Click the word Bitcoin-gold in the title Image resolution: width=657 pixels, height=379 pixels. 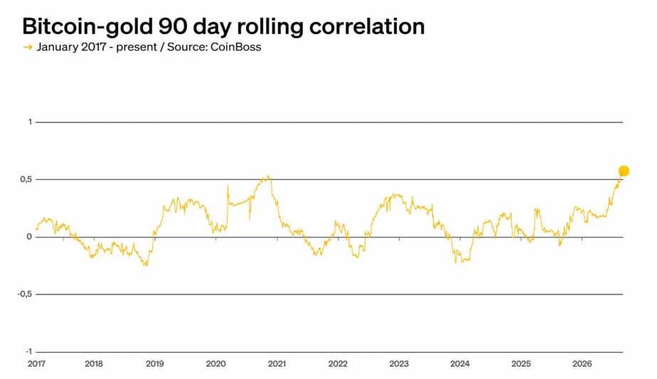pyautogui.click(x=87, y=27)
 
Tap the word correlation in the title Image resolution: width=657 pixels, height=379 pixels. pyautogui.click(x=367, y=26)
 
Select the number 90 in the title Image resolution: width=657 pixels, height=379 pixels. pyautogui.click(x=173, y=26)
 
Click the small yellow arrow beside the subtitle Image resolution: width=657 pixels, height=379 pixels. pyautogui.click(x=28, y=47)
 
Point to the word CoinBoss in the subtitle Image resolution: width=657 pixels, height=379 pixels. pyautogui.click(x=235, y=46)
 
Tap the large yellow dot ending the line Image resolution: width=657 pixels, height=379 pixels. pyautogui.click(x=624, y=171)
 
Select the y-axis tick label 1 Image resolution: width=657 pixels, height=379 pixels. pyautogui.click(x=30, y=122)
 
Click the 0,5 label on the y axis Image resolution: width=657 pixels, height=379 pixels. pyautogui.click(x=26, y=179)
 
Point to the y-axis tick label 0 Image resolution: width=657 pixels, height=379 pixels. pyautogui.click(x=29, y=237)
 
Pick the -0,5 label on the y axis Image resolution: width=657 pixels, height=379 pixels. pyautogui.click(x=25, y=294)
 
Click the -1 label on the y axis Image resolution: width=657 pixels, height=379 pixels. pyautogui.click(x=28, y=352)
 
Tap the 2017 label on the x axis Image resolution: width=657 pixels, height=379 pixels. pyautogui.click(x=36, y=364)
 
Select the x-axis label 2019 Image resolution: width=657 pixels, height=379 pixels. pyautogui.click(x=154, y=364)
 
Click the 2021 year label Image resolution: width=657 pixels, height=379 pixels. pyautogui.click(x=277, y=364)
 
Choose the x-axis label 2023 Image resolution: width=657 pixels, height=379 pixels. pyautogui.click(x=399, y=364)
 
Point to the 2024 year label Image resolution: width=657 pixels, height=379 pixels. pyautogui.click(x=460, y=364)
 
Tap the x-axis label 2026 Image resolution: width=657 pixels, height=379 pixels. pyautogui.click(x=582, y=364)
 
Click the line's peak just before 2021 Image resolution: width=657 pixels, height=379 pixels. pyautogui.click(x=267, y=176)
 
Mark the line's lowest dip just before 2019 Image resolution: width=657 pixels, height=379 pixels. pyautogui.click(x=146, y=265)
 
